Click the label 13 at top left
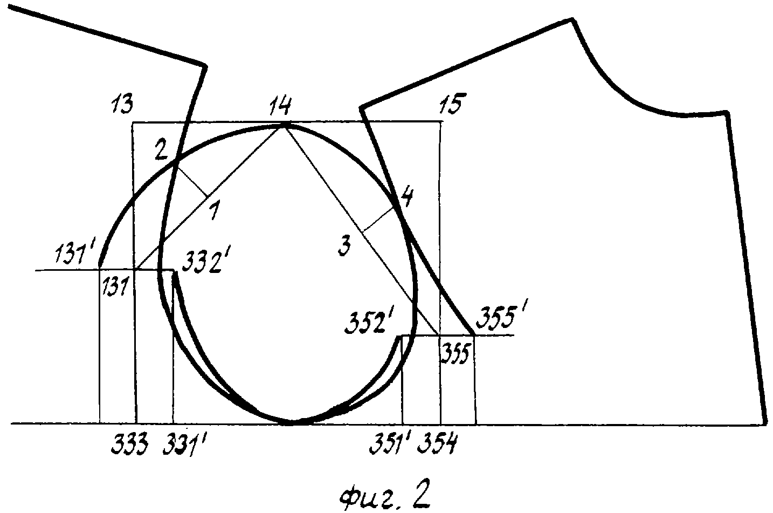(122, 104)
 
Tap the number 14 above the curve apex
(280, 106)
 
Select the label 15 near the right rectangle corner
(452, 103)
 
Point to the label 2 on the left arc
(162, 149)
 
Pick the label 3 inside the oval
(344, 245)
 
